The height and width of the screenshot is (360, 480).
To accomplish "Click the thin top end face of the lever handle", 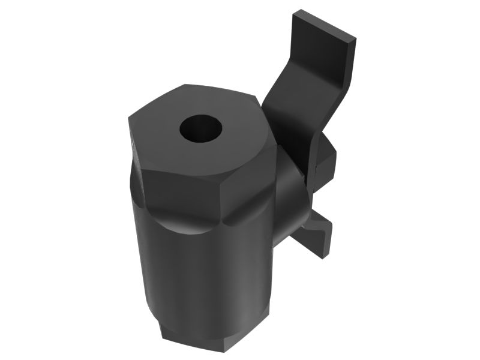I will [323, 26].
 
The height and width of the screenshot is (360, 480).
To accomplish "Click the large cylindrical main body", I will [204, 270].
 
